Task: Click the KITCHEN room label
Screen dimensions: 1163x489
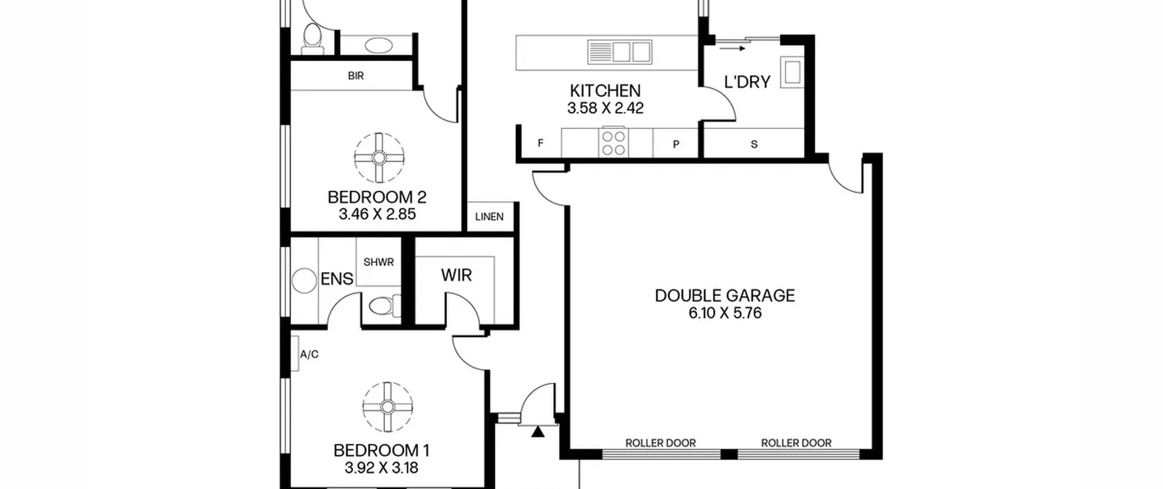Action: tap(605, 91)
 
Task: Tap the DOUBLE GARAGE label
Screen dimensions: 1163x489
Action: tap(725, 296)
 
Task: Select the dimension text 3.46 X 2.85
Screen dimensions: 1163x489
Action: tap(377, 214)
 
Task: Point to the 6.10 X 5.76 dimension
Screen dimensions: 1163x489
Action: tap(725, 313)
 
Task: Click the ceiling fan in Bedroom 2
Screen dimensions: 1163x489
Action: tap(379, 158)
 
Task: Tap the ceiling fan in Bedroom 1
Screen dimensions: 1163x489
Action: tap(388, 407)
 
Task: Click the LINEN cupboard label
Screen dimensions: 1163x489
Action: tap(489, 217)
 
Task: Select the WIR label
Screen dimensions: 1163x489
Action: tap(456, 275)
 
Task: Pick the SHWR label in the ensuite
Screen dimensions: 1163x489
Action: tap(378, 262)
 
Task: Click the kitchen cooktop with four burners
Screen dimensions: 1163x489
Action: tap(613, 143)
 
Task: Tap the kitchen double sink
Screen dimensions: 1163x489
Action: tap(620, 51)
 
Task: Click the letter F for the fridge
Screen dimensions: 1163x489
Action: tap(540, 143)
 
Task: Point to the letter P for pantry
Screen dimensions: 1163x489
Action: tap(676, 145)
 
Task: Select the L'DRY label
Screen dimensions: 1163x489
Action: tap(747, 82)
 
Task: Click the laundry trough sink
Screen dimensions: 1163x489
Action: tap(792, 72)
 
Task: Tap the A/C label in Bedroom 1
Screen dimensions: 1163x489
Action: tap(309, 354)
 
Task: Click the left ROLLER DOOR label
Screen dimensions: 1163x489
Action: tap(661, 443)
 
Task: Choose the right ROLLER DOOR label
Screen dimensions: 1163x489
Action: tap(796, 443)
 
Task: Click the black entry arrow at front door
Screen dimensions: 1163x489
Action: tap(538, 432)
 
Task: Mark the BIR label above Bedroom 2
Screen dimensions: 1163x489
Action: tap(356, 76)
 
